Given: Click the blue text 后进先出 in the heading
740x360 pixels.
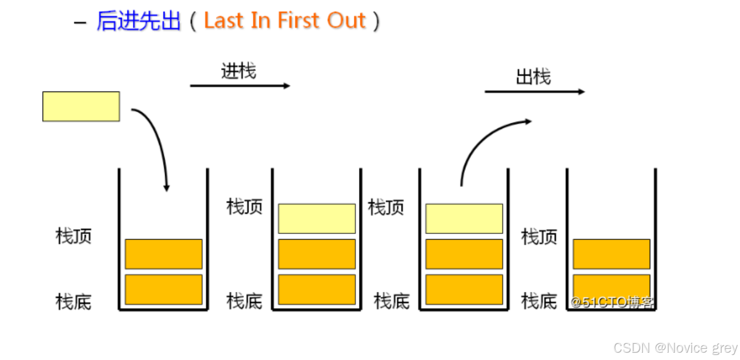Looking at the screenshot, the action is pyautogui.click(x=138, y=21).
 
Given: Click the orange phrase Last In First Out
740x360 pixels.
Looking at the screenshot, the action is pyautogui.click(x=285, y=21).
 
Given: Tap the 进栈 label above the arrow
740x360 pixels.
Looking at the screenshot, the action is pyautogui.click(x=238, y=71).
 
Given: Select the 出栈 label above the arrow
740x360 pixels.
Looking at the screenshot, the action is pyautogui.click(x=533, y=77).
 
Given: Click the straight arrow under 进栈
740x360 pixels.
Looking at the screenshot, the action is pyautogui.click(x=240, y=86).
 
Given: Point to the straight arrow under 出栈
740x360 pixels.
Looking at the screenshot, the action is pyautogui.click(x=534, y=92).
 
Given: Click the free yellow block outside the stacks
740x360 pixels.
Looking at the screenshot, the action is pyautogui.click(x=81, y=107).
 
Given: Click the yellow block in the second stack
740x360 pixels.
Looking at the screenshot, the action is pyautogui.click(x=316, y=218).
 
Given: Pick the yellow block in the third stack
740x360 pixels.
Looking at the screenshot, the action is pyautogui.click(x=464, y=218).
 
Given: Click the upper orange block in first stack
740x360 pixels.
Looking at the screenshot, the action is pyautogui.click(x=163, y=254).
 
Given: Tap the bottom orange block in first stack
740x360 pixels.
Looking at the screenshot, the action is pyautogui.click(x=163, y=289).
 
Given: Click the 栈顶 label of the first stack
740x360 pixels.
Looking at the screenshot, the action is pyautogui.click(x=73, y=236).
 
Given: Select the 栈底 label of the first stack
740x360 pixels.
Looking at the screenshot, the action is pyautogui.click(x=73, y=302).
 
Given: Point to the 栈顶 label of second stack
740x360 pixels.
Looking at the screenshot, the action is pyautogui.click(x=244, y=207).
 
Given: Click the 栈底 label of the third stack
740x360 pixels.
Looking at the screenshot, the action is pyautogui.click(x=391, y=302).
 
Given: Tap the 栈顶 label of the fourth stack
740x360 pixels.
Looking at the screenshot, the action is pyautogui.click(x=539, y=237).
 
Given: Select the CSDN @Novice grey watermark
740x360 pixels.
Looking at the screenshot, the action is pyautogui.click(x=675, y=348).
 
